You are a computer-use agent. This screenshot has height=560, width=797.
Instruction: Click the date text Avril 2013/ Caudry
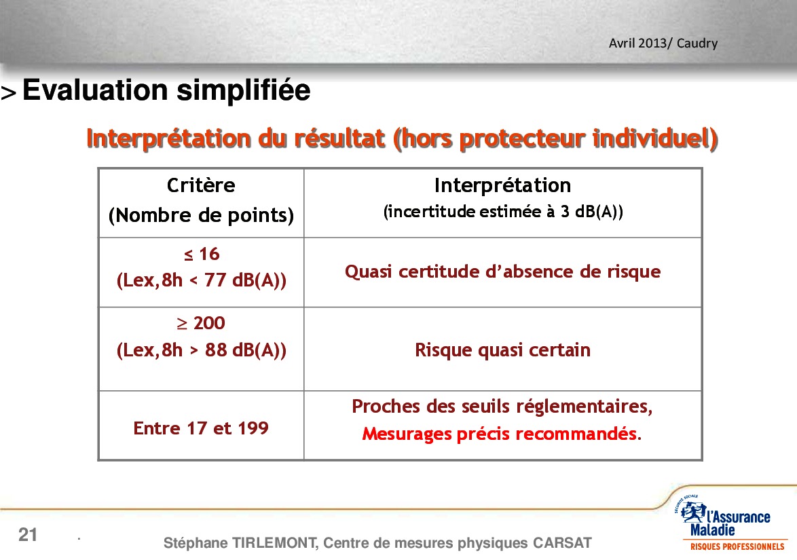[x=663, y=43]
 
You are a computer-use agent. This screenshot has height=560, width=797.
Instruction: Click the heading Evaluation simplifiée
[x=166, y=90]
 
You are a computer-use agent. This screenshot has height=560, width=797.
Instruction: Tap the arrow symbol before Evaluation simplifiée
[x=9, y=93]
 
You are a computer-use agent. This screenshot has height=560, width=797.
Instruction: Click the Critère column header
[x=201, y=185]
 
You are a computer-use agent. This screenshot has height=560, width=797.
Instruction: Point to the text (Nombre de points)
[x=201, y=215]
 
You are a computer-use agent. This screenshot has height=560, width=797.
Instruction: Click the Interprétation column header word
[x=502, y=185]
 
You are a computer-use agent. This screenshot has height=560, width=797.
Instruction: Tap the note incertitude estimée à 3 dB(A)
[x=502, y=211]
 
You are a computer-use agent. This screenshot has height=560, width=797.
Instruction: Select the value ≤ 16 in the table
[x=201, y=254]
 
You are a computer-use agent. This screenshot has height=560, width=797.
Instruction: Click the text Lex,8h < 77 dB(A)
[x=201, y=280]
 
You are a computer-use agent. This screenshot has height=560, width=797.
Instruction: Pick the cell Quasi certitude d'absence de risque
[x=502, y=272]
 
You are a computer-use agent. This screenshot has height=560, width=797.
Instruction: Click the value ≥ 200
[x=201, y=322]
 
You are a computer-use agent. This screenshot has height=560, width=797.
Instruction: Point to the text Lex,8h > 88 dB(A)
[x=201, y=350]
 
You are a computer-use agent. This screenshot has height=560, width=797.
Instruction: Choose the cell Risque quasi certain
[x=502, y=350]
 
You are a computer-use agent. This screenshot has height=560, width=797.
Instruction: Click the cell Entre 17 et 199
[x=201, y=428]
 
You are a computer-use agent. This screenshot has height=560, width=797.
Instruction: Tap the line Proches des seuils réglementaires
[x=502, y=407]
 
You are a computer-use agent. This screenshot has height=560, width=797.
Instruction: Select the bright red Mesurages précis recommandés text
[x=502, y=434]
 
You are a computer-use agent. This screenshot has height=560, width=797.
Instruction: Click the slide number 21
[x=28, y=535]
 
